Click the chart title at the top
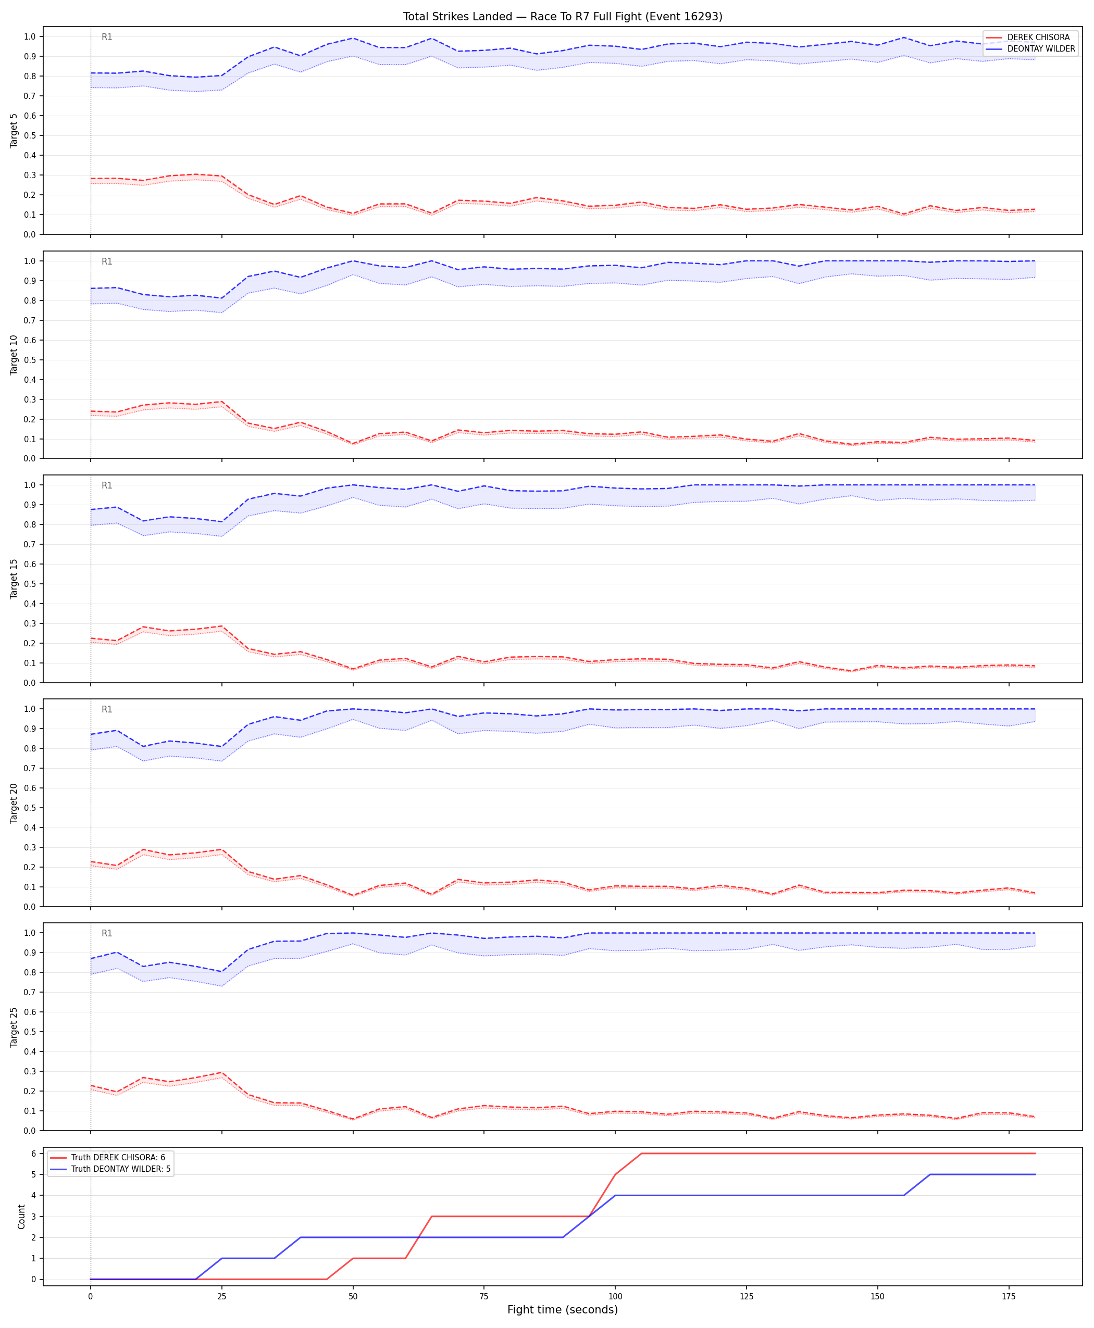562,16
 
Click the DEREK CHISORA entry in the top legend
1038,37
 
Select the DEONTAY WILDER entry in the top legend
1041,48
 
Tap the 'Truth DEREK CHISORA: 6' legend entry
118,1157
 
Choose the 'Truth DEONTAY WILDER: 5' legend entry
120,1169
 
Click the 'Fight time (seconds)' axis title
562,1310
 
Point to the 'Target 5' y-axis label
14,130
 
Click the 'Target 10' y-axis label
14,355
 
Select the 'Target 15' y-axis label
14,578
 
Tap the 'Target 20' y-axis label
14,803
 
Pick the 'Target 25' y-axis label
14,1026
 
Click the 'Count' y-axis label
21,1217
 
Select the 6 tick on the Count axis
33,1153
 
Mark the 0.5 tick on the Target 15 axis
30,584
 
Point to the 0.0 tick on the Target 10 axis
30,459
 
